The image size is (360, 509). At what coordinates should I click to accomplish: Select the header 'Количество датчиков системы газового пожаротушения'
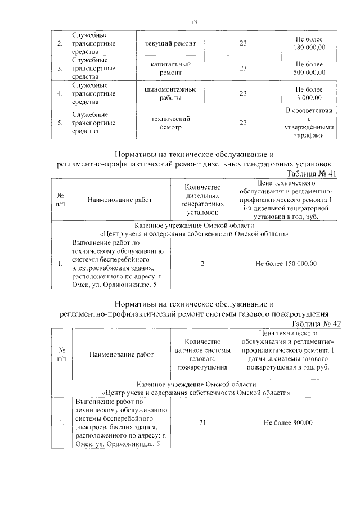[202, 354]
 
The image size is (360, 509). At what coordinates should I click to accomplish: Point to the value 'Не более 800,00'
[287, 423]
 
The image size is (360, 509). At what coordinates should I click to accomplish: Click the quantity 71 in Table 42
[202, 423]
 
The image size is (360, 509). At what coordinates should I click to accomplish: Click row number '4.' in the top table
[60, 94]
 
